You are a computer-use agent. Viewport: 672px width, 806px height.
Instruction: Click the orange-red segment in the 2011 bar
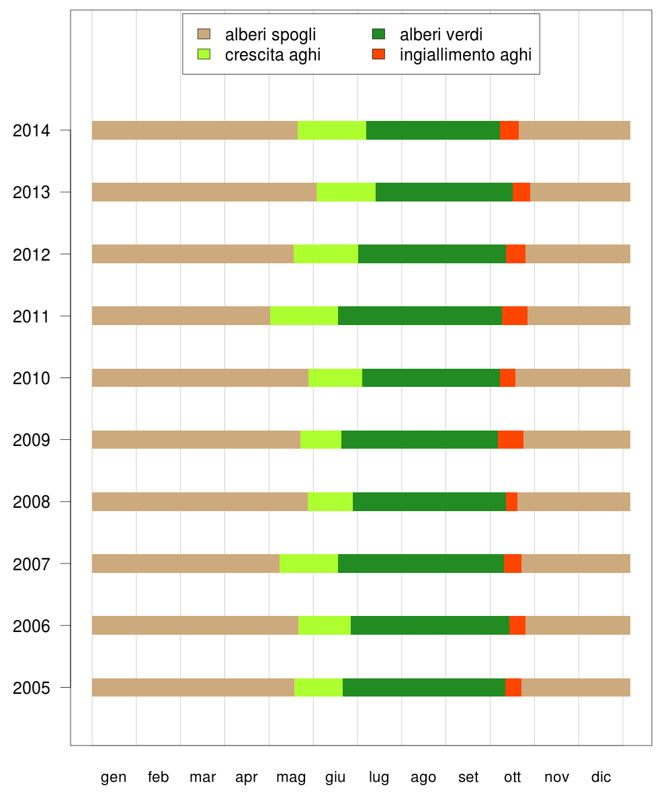[515, 316]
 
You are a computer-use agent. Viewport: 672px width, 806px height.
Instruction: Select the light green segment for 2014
[332, 130]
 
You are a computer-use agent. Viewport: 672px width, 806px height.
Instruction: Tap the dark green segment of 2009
[419, 439]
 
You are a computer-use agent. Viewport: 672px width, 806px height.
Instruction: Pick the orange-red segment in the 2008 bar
[511, 502]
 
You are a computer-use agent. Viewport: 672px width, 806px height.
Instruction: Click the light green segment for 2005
[319, 687]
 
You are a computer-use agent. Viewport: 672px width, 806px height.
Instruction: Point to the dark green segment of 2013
[444, 192]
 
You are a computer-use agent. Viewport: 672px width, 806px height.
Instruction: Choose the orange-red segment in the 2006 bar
[517, 625]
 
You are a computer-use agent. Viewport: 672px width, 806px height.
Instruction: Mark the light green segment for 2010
[335, 377]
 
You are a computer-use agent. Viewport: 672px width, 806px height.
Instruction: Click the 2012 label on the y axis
[31, 255]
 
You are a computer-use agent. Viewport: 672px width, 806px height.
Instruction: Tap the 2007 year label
[31, 564]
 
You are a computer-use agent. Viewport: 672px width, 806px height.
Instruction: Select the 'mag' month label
[291, 777]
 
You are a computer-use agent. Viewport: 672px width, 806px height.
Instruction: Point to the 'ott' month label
[513, 777]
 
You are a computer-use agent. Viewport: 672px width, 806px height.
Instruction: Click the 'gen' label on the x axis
[114, 777]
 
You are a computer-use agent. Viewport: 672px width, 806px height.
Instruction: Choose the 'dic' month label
[601, 777]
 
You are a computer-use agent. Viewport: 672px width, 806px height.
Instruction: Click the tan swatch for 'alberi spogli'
[204, 34]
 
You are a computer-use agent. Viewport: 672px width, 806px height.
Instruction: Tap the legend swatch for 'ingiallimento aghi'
[378, 54]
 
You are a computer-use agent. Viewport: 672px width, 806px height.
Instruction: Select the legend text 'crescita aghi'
[273, 55]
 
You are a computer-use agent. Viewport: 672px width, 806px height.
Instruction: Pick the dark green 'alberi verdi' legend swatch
[378, 34]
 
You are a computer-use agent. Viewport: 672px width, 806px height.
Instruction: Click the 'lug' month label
[379, 777]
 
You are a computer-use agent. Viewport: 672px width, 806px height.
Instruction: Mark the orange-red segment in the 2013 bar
[521, 192]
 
